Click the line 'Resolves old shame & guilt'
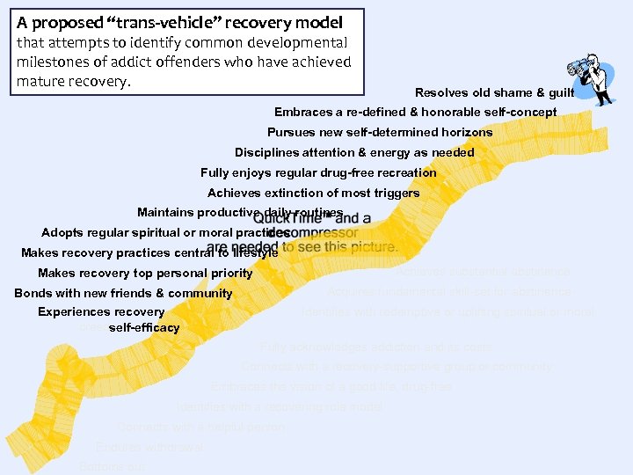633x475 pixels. pos(494,92)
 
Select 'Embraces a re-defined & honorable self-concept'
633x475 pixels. pos(415,113)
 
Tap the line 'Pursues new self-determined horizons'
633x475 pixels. pos(380,132)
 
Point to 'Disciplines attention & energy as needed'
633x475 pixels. pos(354,152)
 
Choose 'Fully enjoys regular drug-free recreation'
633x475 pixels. pos(318,172)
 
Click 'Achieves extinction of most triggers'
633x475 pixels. pos(313,193)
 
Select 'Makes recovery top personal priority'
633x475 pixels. pos(145,274)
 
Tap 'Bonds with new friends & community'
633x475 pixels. pos(123,294)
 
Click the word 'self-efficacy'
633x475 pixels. pos(144,328)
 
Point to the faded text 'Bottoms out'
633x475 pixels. pos(113,466)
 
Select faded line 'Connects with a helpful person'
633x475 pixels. pos(201,427)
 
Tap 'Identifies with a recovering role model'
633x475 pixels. pos(280,407)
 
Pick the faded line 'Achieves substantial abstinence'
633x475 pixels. pos(483,273)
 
